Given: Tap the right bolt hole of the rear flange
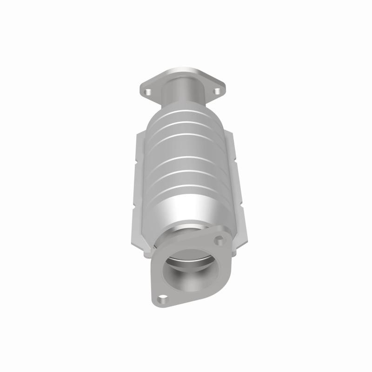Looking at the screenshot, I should click(217, 91).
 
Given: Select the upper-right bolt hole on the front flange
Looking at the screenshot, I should click(219, 240).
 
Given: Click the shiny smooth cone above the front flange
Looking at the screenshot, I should click(186, 209).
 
